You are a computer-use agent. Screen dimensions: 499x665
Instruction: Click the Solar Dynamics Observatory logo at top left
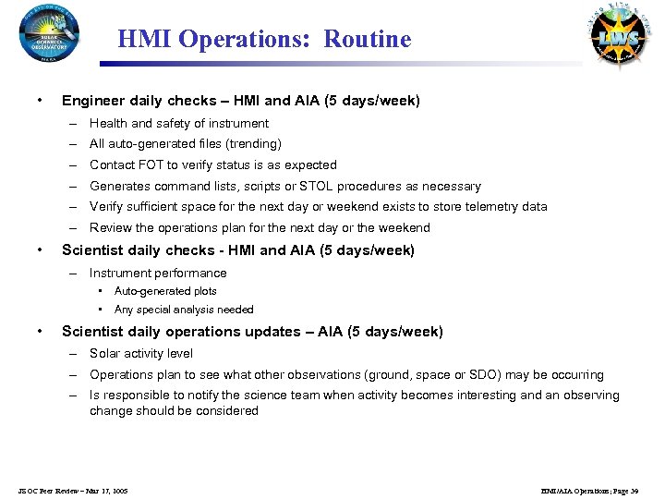pos(48,33)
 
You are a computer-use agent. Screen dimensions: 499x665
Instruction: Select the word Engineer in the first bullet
pos(92,100)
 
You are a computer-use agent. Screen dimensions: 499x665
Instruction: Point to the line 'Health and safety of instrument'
pos(178,123)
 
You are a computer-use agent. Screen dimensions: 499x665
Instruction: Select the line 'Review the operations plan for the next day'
pos(259,228)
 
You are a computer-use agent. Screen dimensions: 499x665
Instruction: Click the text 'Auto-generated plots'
pos(165,291)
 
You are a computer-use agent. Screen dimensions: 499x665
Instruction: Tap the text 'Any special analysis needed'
pos(183,310)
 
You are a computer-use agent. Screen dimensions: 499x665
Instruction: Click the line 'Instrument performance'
pos(157,274)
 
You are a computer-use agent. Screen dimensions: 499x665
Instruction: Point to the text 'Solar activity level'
pos(141,354)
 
